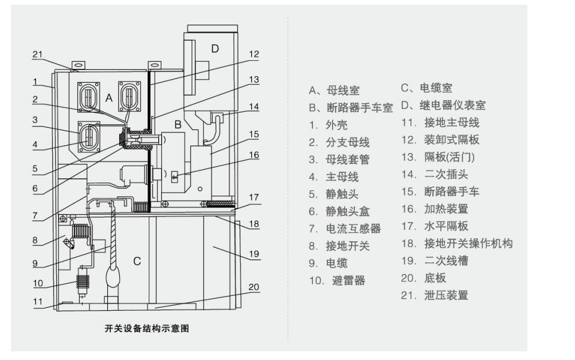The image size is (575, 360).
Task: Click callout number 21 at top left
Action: coord(38,54)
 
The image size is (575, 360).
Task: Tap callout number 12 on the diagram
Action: coord(254,54)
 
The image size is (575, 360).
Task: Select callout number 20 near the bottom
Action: coord(254,287)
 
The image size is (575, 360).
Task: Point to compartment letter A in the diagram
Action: coord(109,98)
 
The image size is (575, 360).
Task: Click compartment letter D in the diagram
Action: coord(215,48)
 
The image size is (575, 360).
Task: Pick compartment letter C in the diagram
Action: coord(137,261)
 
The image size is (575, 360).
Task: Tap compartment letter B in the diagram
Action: coord(178,124)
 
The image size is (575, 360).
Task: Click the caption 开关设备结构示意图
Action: coord(147,328)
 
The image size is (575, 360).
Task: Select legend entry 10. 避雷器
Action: coord(337,281)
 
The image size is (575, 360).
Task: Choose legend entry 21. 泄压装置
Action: coord(435,295)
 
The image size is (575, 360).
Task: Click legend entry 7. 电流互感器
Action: coord(345,229)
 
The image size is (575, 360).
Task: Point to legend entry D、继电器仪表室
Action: coord(443,105)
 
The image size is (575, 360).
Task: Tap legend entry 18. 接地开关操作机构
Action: coord(457,244)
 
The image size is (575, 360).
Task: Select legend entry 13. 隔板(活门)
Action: coord(438,157)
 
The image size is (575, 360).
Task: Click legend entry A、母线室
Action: coord(334,90)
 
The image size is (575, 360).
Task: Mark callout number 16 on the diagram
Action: coord(254,155)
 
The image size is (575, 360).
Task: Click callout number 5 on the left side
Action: coord(35,169)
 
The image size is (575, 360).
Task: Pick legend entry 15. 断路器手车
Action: coord(440,191)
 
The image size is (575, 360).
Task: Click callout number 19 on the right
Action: coord(254,254)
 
